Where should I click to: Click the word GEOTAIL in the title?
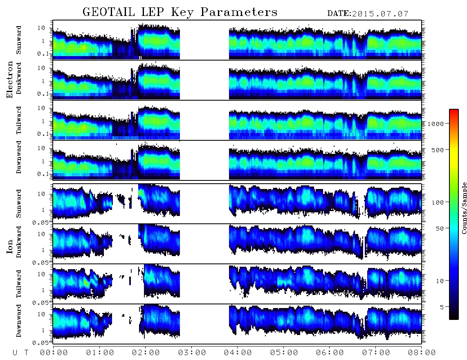(109, 12)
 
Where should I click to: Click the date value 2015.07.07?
(380, 14)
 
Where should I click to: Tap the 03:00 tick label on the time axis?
(192, 353)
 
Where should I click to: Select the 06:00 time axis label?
(330, 353)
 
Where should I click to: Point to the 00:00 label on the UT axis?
(54, 353)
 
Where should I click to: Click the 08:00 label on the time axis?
(422, 353)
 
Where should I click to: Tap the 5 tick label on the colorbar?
(442, 307)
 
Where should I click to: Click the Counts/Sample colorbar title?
(464, 208)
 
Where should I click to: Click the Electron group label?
(10, 79)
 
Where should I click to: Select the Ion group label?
(10, 246)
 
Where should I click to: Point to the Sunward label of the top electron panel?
(19, 40)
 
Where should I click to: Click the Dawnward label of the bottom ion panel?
(19, 321)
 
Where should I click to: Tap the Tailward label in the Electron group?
(19, 120)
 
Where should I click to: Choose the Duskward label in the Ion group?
(19, 242)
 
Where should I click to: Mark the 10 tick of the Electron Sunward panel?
(41, 28)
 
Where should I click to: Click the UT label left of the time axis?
(20, 353)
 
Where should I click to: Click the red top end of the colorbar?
(454, 111)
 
